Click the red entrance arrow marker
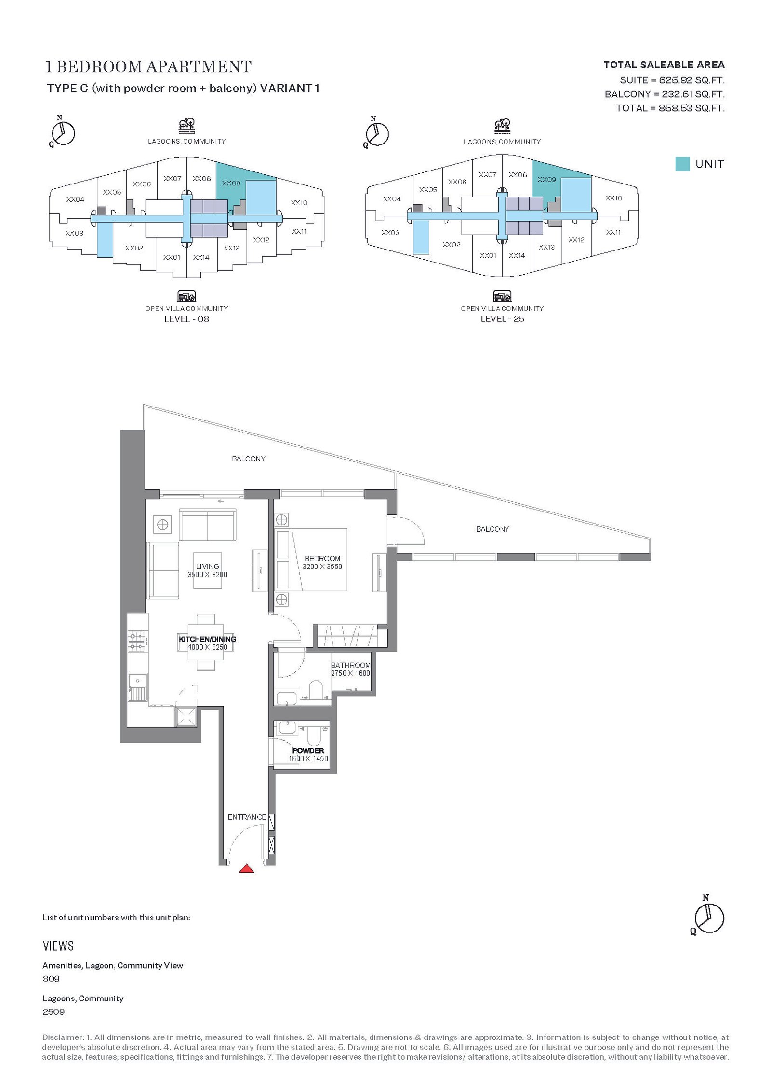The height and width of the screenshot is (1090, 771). click(x=247, y=868)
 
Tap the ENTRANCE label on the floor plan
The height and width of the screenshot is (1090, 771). click(x=247, y=817)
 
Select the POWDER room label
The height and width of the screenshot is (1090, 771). click(x=308, y=750)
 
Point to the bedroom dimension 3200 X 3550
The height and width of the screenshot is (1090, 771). click(x=322, y=566)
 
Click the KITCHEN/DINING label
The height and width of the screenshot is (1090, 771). click(x=207, y=639)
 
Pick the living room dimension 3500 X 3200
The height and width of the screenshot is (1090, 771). click(x=208, y=575)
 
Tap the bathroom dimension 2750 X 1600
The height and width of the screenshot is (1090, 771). click(x=350, y=673)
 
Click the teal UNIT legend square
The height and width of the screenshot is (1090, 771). click(x=682, y=164)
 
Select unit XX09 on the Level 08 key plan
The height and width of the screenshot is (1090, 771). click(x=231, y=183)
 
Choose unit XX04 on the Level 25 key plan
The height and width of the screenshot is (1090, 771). click(x=392, y=199)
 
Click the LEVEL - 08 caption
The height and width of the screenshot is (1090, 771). click(x=186, y=319)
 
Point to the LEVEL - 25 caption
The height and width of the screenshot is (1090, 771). click(x=502, y=319)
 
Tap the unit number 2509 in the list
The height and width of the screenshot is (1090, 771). click(x=53, y=1011)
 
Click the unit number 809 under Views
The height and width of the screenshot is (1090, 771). click(x=51, y=978)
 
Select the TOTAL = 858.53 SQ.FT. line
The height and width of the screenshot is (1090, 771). click(x=670, y=108)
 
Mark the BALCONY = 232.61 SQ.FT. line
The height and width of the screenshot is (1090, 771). click(x=665, y=94)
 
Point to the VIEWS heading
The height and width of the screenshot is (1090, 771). click(x=58, y=946)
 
